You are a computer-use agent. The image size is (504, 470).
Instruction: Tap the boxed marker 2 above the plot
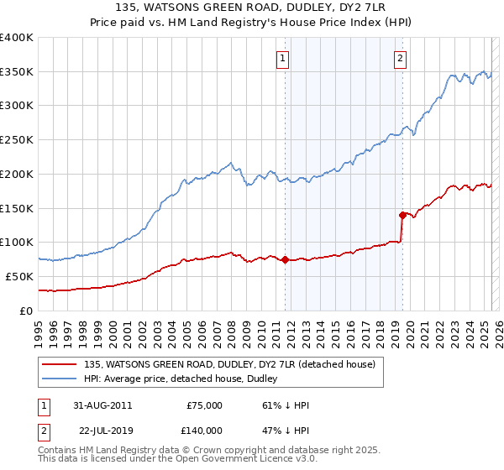click(x=400, y=59)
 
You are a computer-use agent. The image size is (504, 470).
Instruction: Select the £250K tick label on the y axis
click(x=17, y=140)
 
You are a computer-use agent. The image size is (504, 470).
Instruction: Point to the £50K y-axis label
click(x=20, y=276)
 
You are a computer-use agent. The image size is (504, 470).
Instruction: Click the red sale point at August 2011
click(x=286, y=259)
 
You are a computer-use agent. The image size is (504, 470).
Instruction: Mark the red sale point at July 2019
click(x=403, y=215)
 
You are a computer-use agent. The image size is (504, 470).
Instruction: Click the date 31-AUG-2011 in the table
click(x=102, y=405)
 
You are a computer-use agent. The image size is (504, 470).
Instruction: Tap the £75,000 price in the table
click(x=204, y=405)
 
